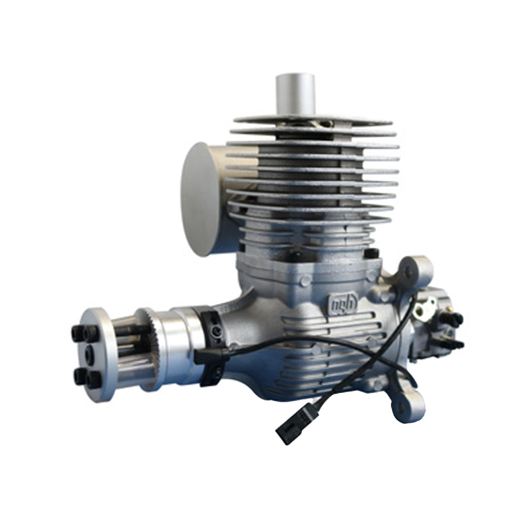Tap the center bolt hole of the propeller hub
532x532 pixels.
pyautogui.click(x=90, y=351)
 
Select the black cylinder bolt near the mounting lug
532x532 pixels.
pyautogui.click(x=371, y=255)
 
